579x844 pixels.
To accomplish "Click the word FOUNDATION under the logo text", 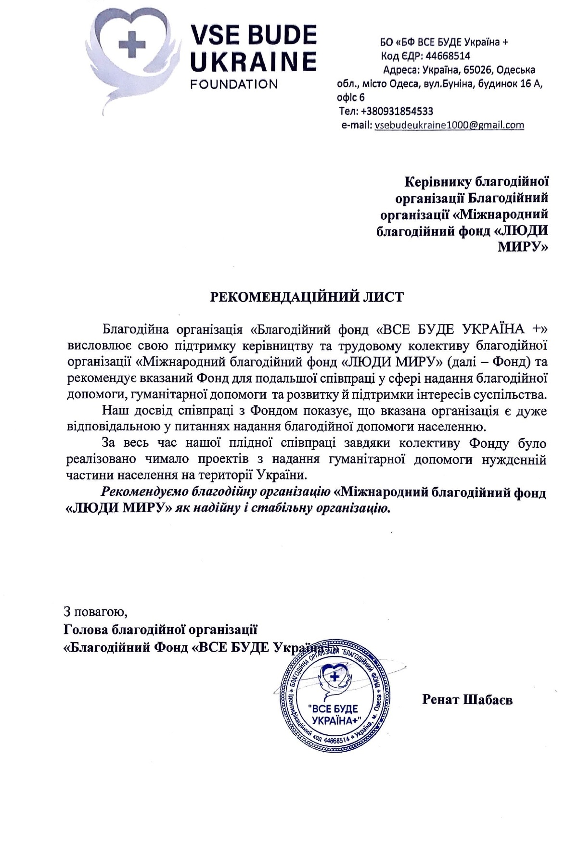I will (234, 84).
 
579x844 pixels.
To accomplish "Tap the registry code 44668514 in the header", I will (448, 56).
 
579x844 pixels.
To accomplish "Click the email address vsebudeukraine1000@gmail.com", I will (449, 125).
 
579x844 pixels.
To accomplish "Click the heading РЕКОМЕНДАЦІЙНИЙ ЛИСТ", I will (307, 297).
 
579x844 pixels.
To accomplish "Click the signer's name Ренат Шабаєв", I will (467, 699).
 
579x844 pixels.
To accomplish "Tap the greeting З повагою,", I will (96, 613).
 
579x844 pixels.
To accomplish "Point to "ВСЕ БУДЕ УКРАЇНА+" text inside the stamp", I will (334, 714).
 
